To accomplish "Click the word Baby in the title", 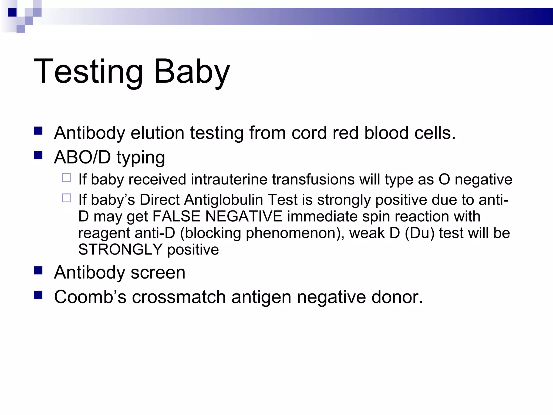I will [x=192, y=72].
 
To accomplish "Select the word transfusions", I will [x=313, y=180].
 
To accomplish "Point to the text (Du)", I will [x=420, y=233].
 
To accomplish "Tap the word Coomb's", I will [x=90, y=297].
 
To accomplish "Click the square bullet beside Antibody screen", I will [x=38, y=270].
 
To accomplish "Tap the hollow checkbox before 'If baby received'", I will [x=66, y=178].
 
